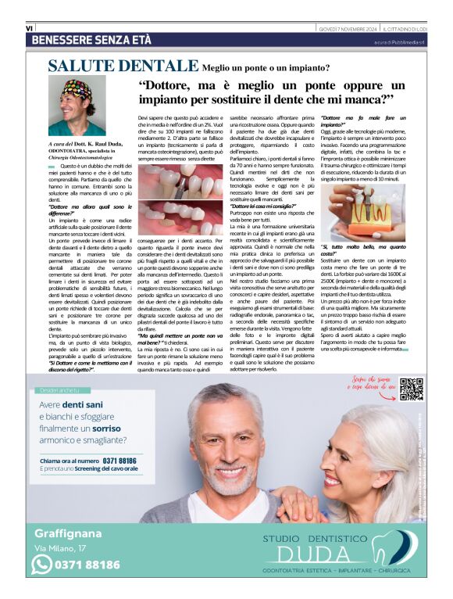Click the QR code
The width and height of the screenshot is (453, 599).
point(411,389)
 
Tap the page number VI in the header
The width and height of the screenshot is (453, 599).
point(29,27)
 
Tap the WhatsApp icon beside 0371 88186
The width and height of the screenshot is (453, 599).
point(41,565)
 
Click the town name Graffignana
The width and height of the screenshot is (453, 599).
point(69,534)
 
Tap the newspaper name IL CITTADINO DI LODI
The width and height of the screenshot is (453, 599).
point(406,28)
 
